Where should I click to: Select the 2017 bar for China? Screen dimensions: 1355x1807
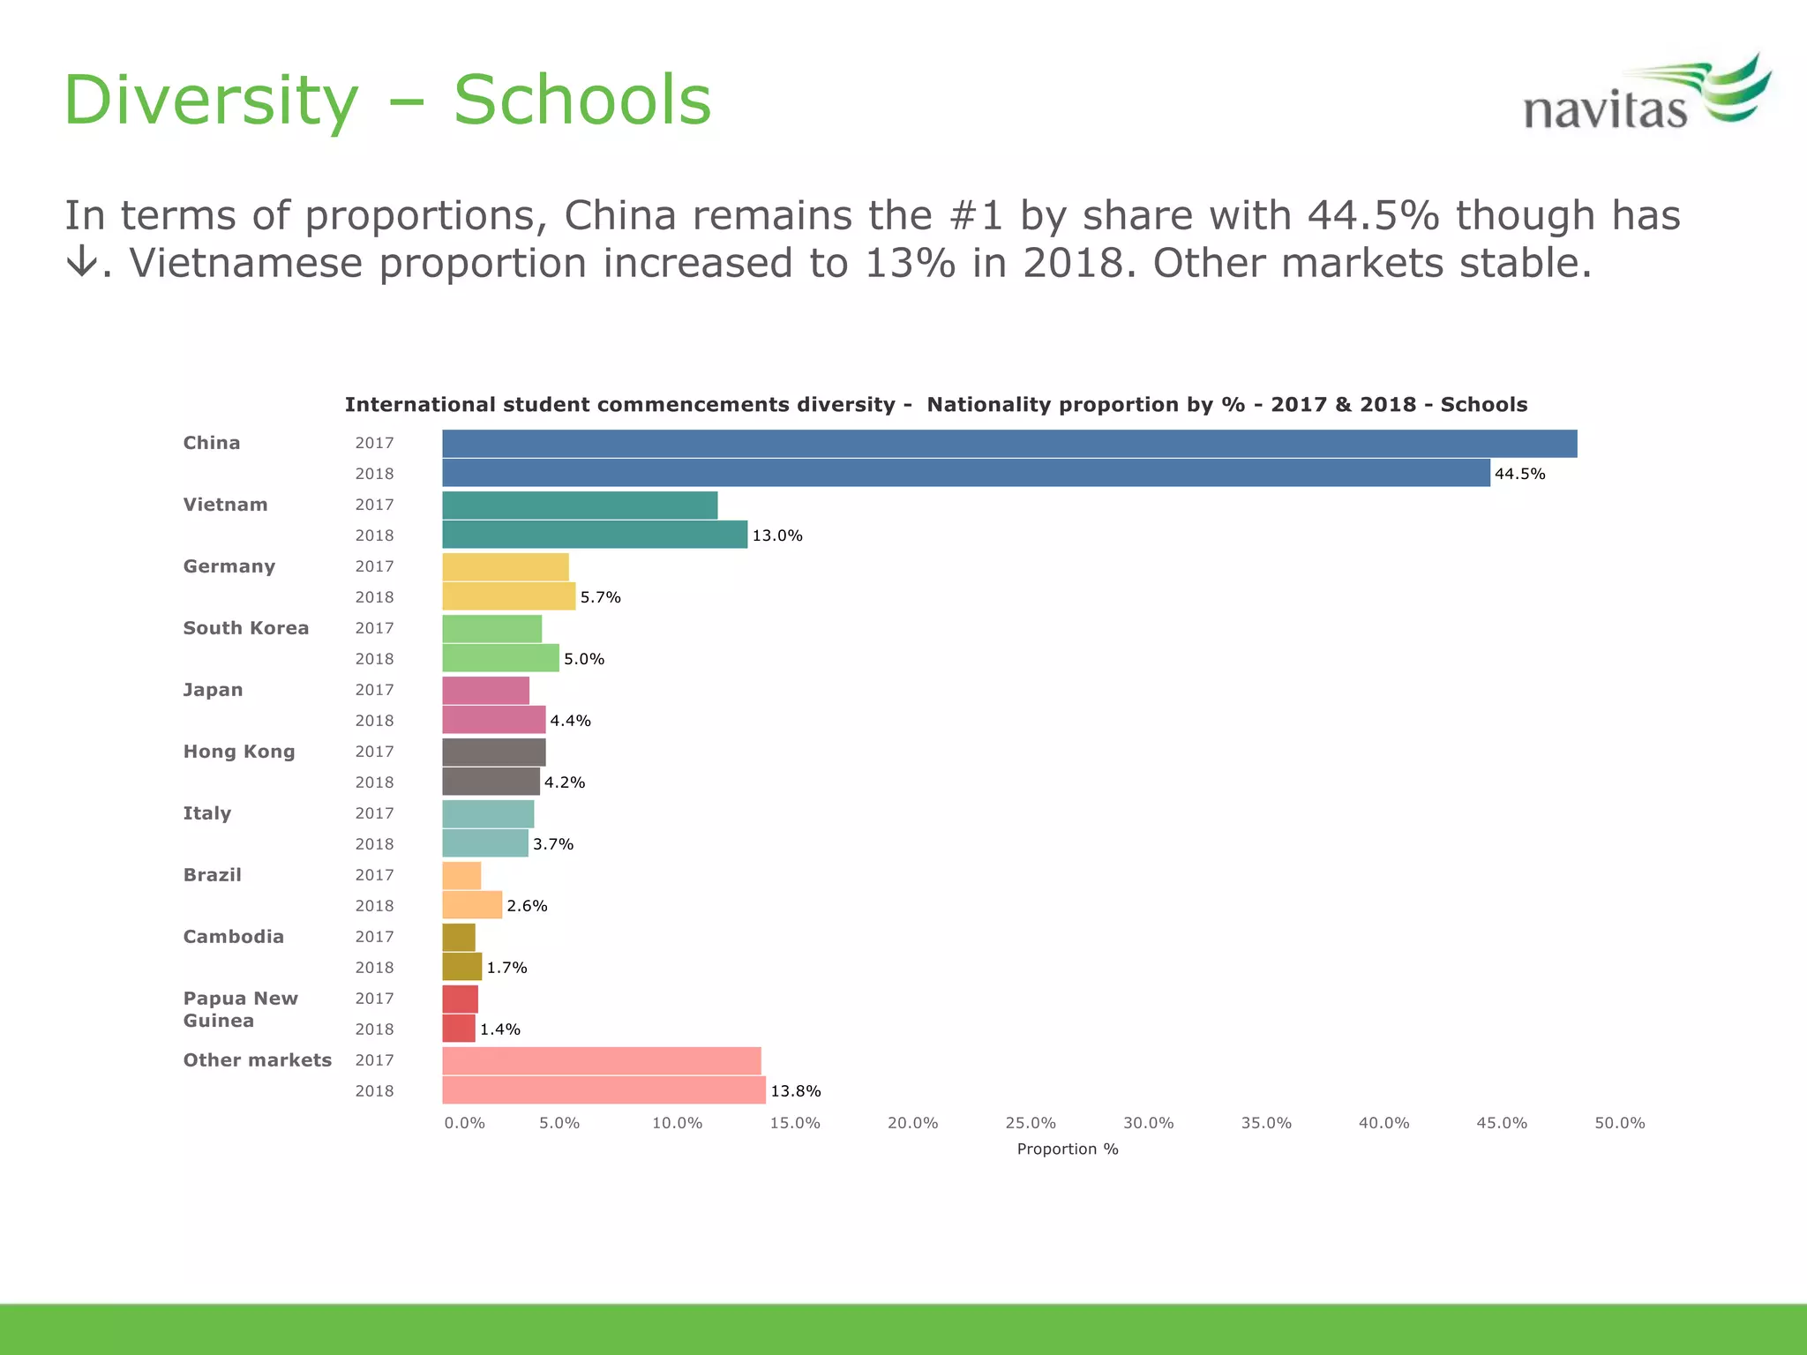(1009, 444)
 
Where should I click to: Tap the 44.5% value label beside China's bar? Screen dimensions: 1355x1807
(1519, 474)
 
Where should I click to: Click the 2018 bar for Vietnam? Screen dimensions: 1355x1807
(595, 535)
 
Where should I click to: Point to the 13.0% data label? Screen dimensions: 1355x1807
(776, 535)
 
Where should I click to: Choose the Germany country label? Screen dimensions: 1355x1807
(229, 566)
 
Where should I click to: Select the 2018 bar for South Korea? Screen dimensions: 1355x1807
(500, 658)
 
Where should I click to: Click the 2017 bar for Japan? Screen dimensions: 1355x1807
(485, 690)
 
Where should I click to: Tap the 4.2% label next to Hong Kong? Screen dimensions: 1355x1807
(565, 782)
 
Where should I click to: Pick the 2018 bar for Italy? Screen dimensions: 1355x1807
(485, 843)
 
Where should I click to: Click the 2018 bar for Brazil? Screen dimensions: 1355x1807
(472, 905)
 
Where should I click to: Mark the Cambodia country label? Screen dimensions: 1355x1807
(234, 937)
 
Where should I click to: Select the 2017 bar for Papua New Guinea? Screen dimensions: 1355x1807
(460, 999)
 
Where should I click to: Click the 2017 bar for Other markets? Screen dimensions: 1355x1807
(601, 1060)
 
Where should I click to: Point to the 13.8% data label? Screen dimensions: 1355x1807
(796, 1091)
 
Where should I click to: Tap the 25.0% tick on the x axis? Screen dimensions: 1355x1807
(1031, 1123)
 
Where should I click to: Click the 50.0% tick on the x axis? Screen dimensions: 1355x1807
(1619, 1123)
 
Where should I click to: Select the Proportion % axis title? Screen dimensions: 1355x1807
(1068, 1149)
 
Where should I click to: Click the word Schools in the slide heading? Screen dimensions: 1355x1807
(581, 101)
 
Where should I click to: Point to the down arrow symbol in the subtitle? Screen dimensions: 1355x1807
(81, 263)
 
